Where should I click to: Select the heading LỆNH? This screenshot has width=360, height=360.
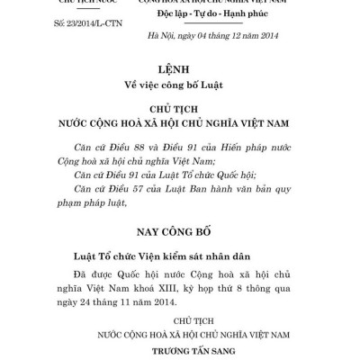coord(180,67)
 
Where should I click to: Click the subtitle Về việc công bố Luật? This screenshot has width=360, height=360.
coord(180,87)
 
